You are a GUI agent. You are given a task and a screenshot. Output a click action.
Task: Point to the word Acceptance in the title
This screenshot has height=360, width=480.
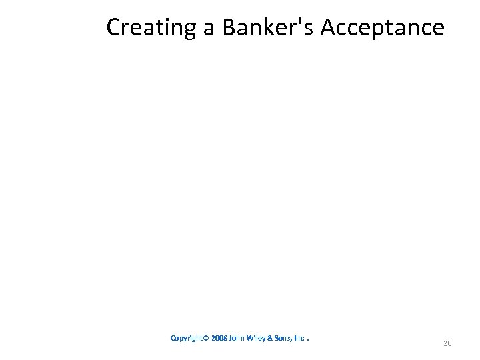(x=383, y=27)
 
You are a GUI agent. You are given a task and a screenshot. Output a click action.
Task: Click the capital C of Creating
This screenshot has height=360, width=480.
(x=113, y=27)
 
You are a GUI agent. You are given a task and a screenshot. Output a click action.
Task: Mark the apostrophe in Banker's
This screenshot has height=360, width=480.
(x=299, y=21)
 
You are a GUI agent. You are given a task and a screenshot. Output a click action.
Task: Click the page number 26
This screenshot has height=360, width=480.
(x=447, y=343)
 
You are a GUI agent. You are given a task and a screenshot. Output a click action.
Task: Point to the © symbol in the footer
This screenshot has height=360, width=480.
(x=207, y=338)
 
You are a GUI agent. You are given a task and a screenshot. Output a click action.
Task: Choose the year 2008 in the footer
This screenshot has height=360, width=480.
(x=219, y=338)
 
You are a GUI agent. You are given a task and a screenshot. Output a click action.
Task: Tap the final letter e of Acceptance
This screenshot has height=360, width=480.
(x=437, y=29)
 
